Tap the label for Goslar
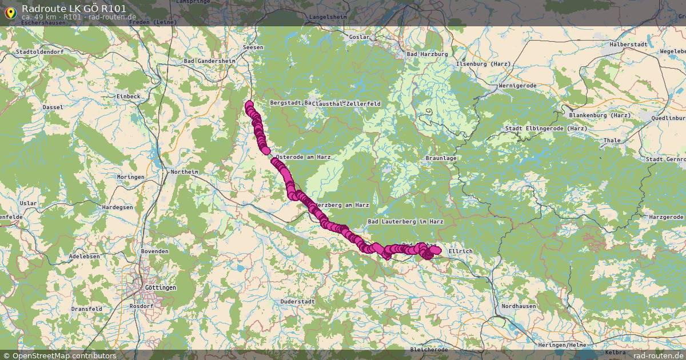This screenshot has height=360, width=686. click(360, 37)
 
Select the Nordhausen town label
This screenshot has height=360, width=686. click(519, 306)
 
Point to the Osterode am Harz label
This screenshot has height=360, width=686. click(303, 157)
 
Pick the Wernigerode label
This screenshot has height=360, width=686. click(517, 86)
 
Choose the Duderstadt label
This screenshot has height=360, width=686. click(298, 301)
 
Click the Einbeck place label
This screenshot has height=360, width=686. click(128, 97)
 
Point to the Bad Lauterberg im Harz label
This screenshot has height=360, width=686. click(406, 221)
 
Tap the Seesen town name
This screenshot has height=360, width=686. click(253, 47)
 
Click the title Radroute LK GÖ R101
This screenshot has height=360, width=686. click(74, 9)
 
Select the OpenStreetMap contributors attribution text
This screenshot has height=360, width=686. click(64, 355)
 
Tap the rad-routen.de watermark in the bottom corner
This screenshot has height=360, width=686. click(658, 355)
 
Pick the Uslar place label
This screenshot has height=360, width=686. click(28, 203)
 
